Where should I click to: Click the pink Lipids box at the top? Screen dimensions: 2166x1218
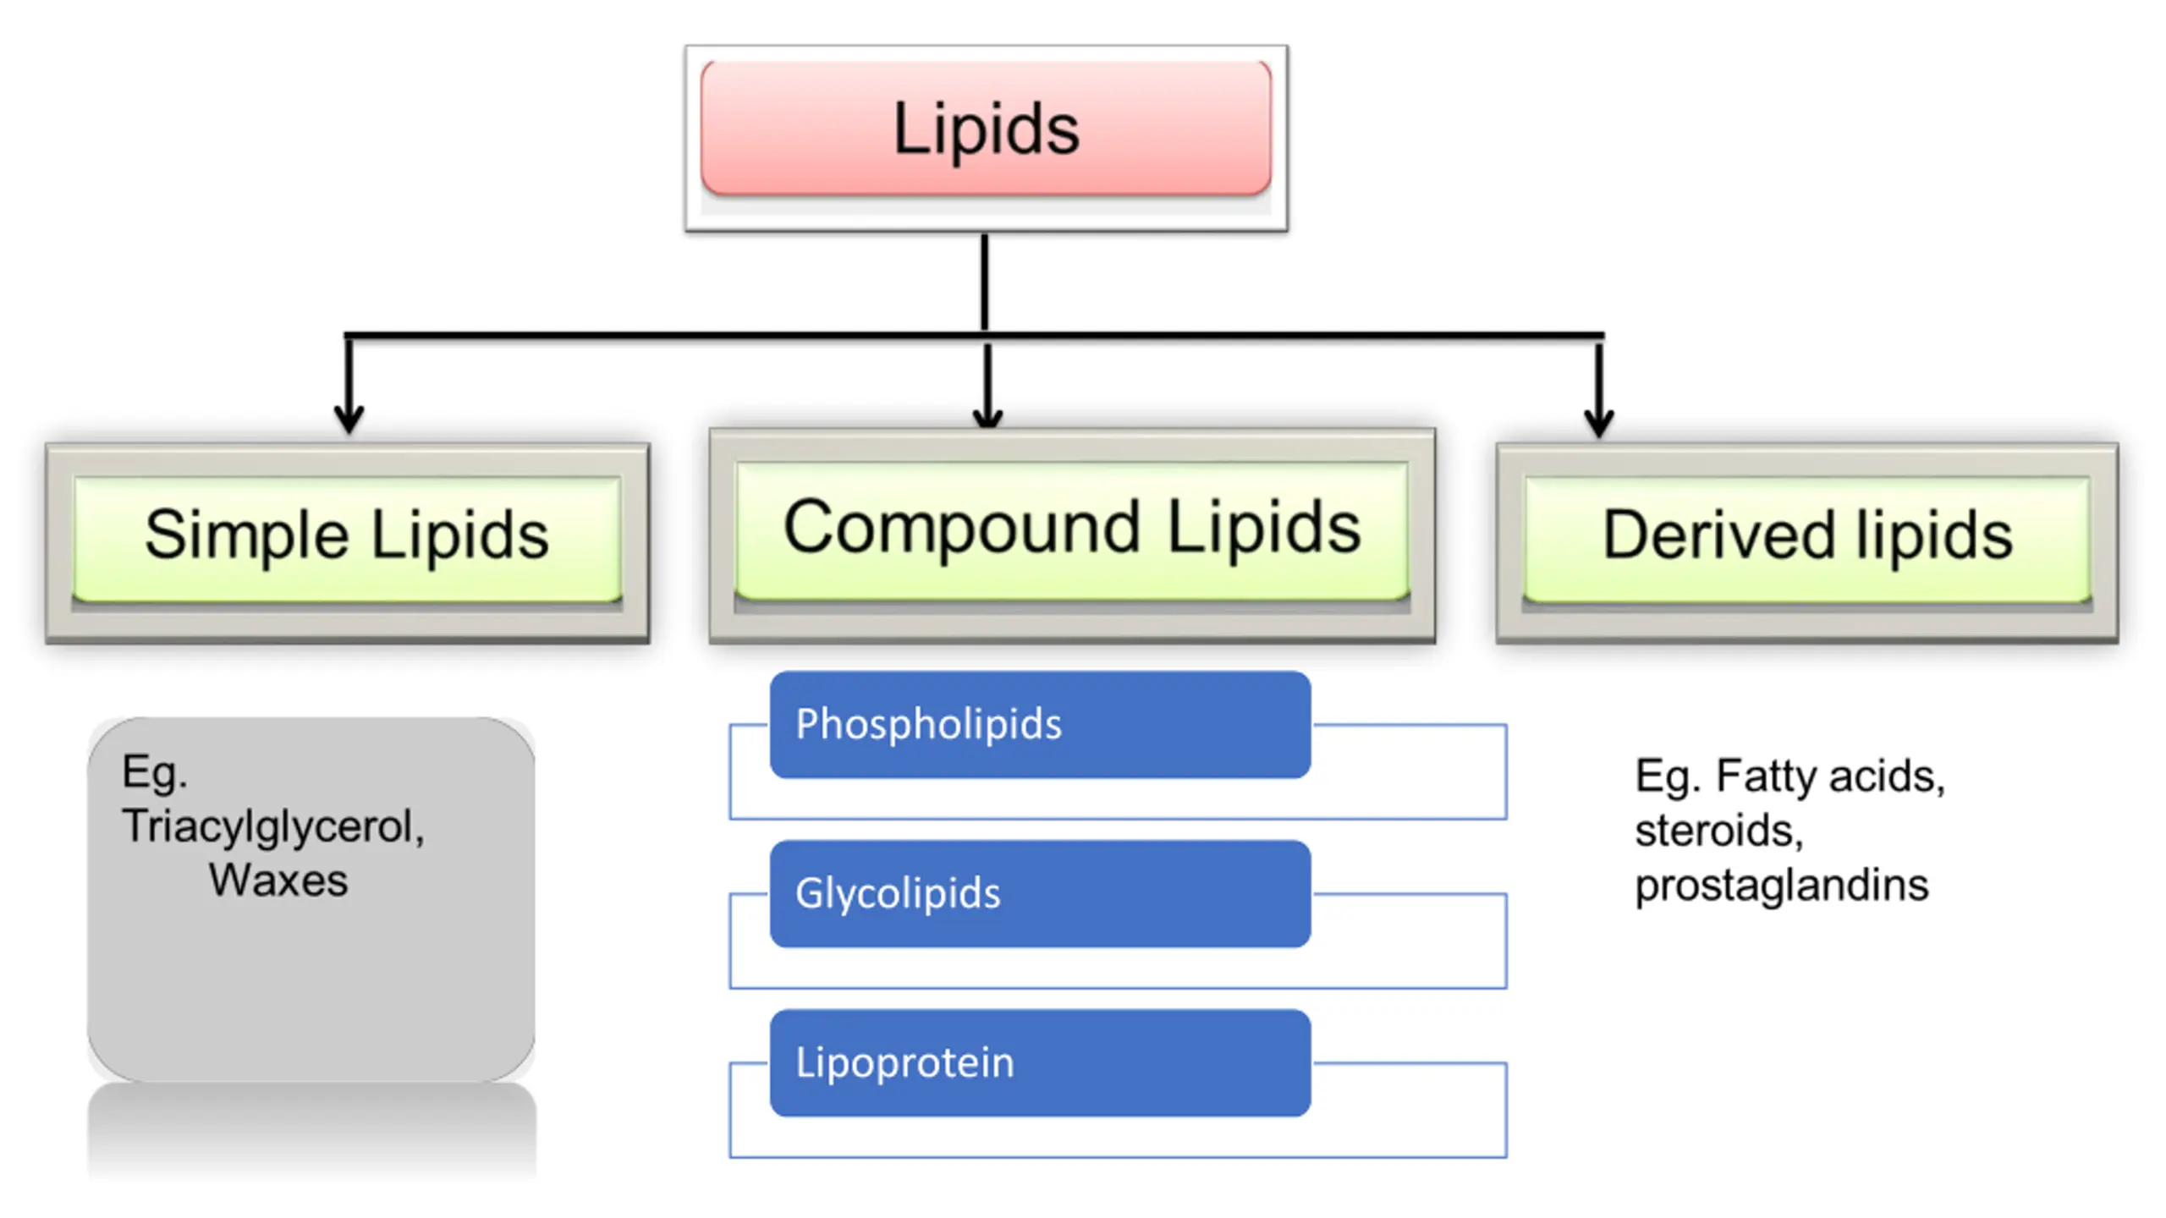pos(986,129)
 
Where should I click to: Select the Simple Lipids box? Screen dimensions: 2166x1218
pos(348,542)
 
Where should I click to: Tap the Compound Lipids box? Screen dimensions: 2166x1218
pos(1072,535)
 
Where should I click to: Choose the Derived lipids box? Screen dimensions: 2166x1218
pos(1807,542)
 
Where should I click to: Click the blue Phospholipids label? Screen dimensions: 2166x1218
pos(1040,725)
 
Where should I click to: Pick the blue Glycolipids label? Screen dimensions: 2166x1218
pos(1040,894)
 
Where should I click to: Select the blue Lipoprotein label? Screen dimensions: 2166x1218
pos(1040,1063)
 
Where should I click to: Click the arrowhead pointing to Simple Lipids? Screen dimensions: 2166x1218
pos(349,420)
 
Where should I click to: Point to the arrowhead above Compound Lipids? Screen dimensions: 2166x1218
pos(987,415)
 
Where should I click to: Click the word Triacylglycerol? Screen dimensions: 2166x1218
pos(272,827)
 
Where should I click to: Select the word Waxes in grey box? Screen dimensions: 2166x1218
pos(278,881)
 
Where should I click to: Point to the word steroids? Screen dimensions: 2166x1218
pos(1718,830)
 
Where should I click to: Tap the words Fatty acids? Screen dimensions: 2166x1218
pos(1830,776)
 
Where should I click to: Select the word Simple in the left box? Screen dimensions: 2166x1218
pos(246,536)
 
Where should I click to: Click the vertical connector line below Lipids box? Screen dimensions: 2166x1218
pos(985,283)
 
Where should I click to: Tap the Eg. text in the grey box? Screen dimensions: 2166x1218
pos(154,773)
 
